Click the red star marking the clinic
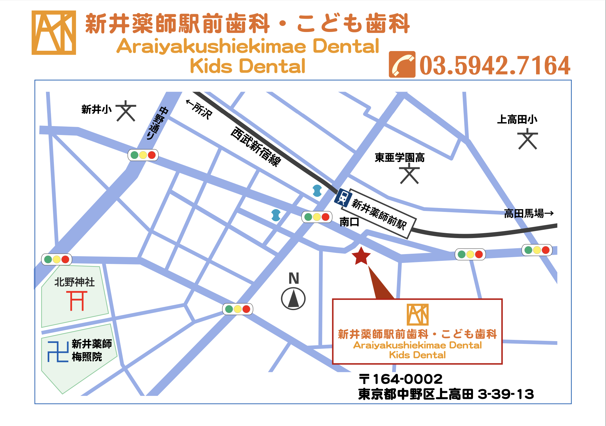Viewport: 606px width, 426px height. (x=361, y=256)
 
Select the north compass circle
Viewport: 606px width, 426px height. (x=293, y=299)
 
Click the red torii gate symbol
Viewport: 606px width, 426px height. (x=77, y=301)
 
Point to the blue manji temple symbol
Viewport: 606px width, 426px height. (x=58, y=352)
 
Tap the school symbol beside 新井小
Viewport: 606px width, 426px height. (x=126, y=111)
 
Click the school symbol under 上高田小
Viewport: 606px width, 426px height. (x=527, y=139)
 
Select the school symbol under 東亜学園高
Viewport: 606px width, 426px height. (x=409, y=174)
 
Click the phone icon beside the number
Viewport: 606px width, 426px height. (x=402, y=65)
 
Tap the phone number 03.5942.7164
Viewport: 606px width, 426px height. (x=495, y=65)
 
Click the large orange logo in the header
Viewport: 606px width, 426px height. (x=54, y=33)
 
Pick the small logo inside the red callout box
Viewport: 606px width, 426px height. (x=417, y=315)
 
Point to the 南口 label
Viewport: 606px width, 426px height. (x=349, y=222)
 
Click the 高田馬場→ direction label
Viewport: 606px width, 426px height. (x=529, y=213)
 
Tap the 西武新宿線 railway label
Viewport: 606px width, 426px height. (x=256, y=147)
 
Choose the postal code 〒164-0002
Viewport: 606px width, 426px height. (x=401, y=379)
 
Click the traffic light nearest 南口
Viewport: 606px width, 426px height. (x=317, y=217)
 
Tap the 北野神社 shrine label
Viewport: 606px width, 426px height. (x=75, y=282)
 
